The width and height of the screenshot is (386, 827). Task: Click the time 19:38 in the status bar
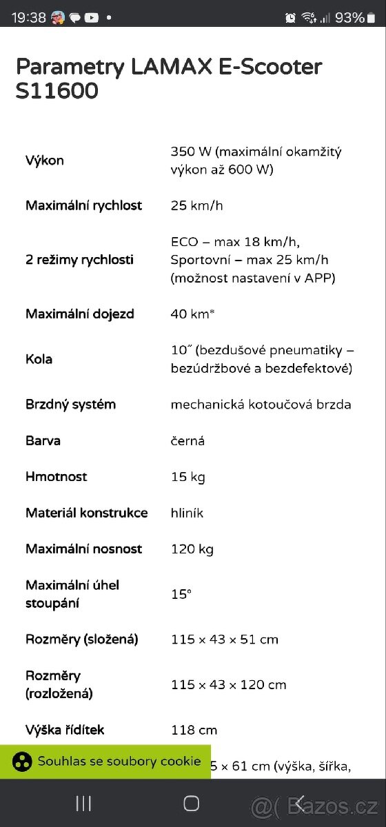tap(28, 18)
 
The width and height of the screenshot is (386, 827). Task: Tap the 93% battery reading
tap(349, 18)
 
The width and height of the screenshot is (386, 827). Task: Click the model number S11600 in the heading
tap(57, 91)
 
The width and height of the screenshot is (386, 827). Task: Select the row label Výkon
tap(45, 161)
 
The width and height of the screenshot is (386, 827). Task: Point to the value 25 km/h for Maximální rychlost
tap(196, 205)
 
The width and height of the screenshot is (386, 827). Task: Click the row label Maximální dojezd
tap(80, 314)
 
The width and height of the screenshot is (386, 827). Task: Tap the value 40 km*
tap(192, 314)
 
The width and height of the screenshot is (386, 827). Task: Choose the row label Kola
tap(39, 359)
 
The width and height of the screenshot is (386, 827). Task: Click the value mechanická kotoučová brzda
tap(261, 405)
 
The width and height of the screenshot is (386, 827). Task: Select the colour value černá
tap(187, 440)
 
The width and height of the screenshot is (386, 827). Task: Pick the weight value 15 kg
tap(187, 477)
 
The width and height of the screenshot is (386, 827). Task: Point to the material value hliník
tap(187, 513)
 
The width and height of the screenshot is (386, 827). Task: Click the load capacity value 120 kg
tap(192, 549)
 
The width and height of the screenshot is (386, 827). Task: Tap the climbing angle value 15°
tap(181, 594)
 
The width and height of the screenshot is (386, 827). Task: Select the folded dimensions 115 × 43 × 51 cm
tap(224, 640)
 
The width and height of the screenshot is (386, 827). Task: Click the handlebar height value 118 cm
tap(194, 730)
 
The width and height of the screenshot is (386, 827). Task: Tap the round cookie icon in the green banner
tap(23, 762)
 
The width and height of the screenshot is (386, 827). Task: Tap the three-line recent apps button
tap(83, 803)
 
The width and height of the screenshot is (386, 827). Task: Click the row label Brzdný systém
tap(70, 405)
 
